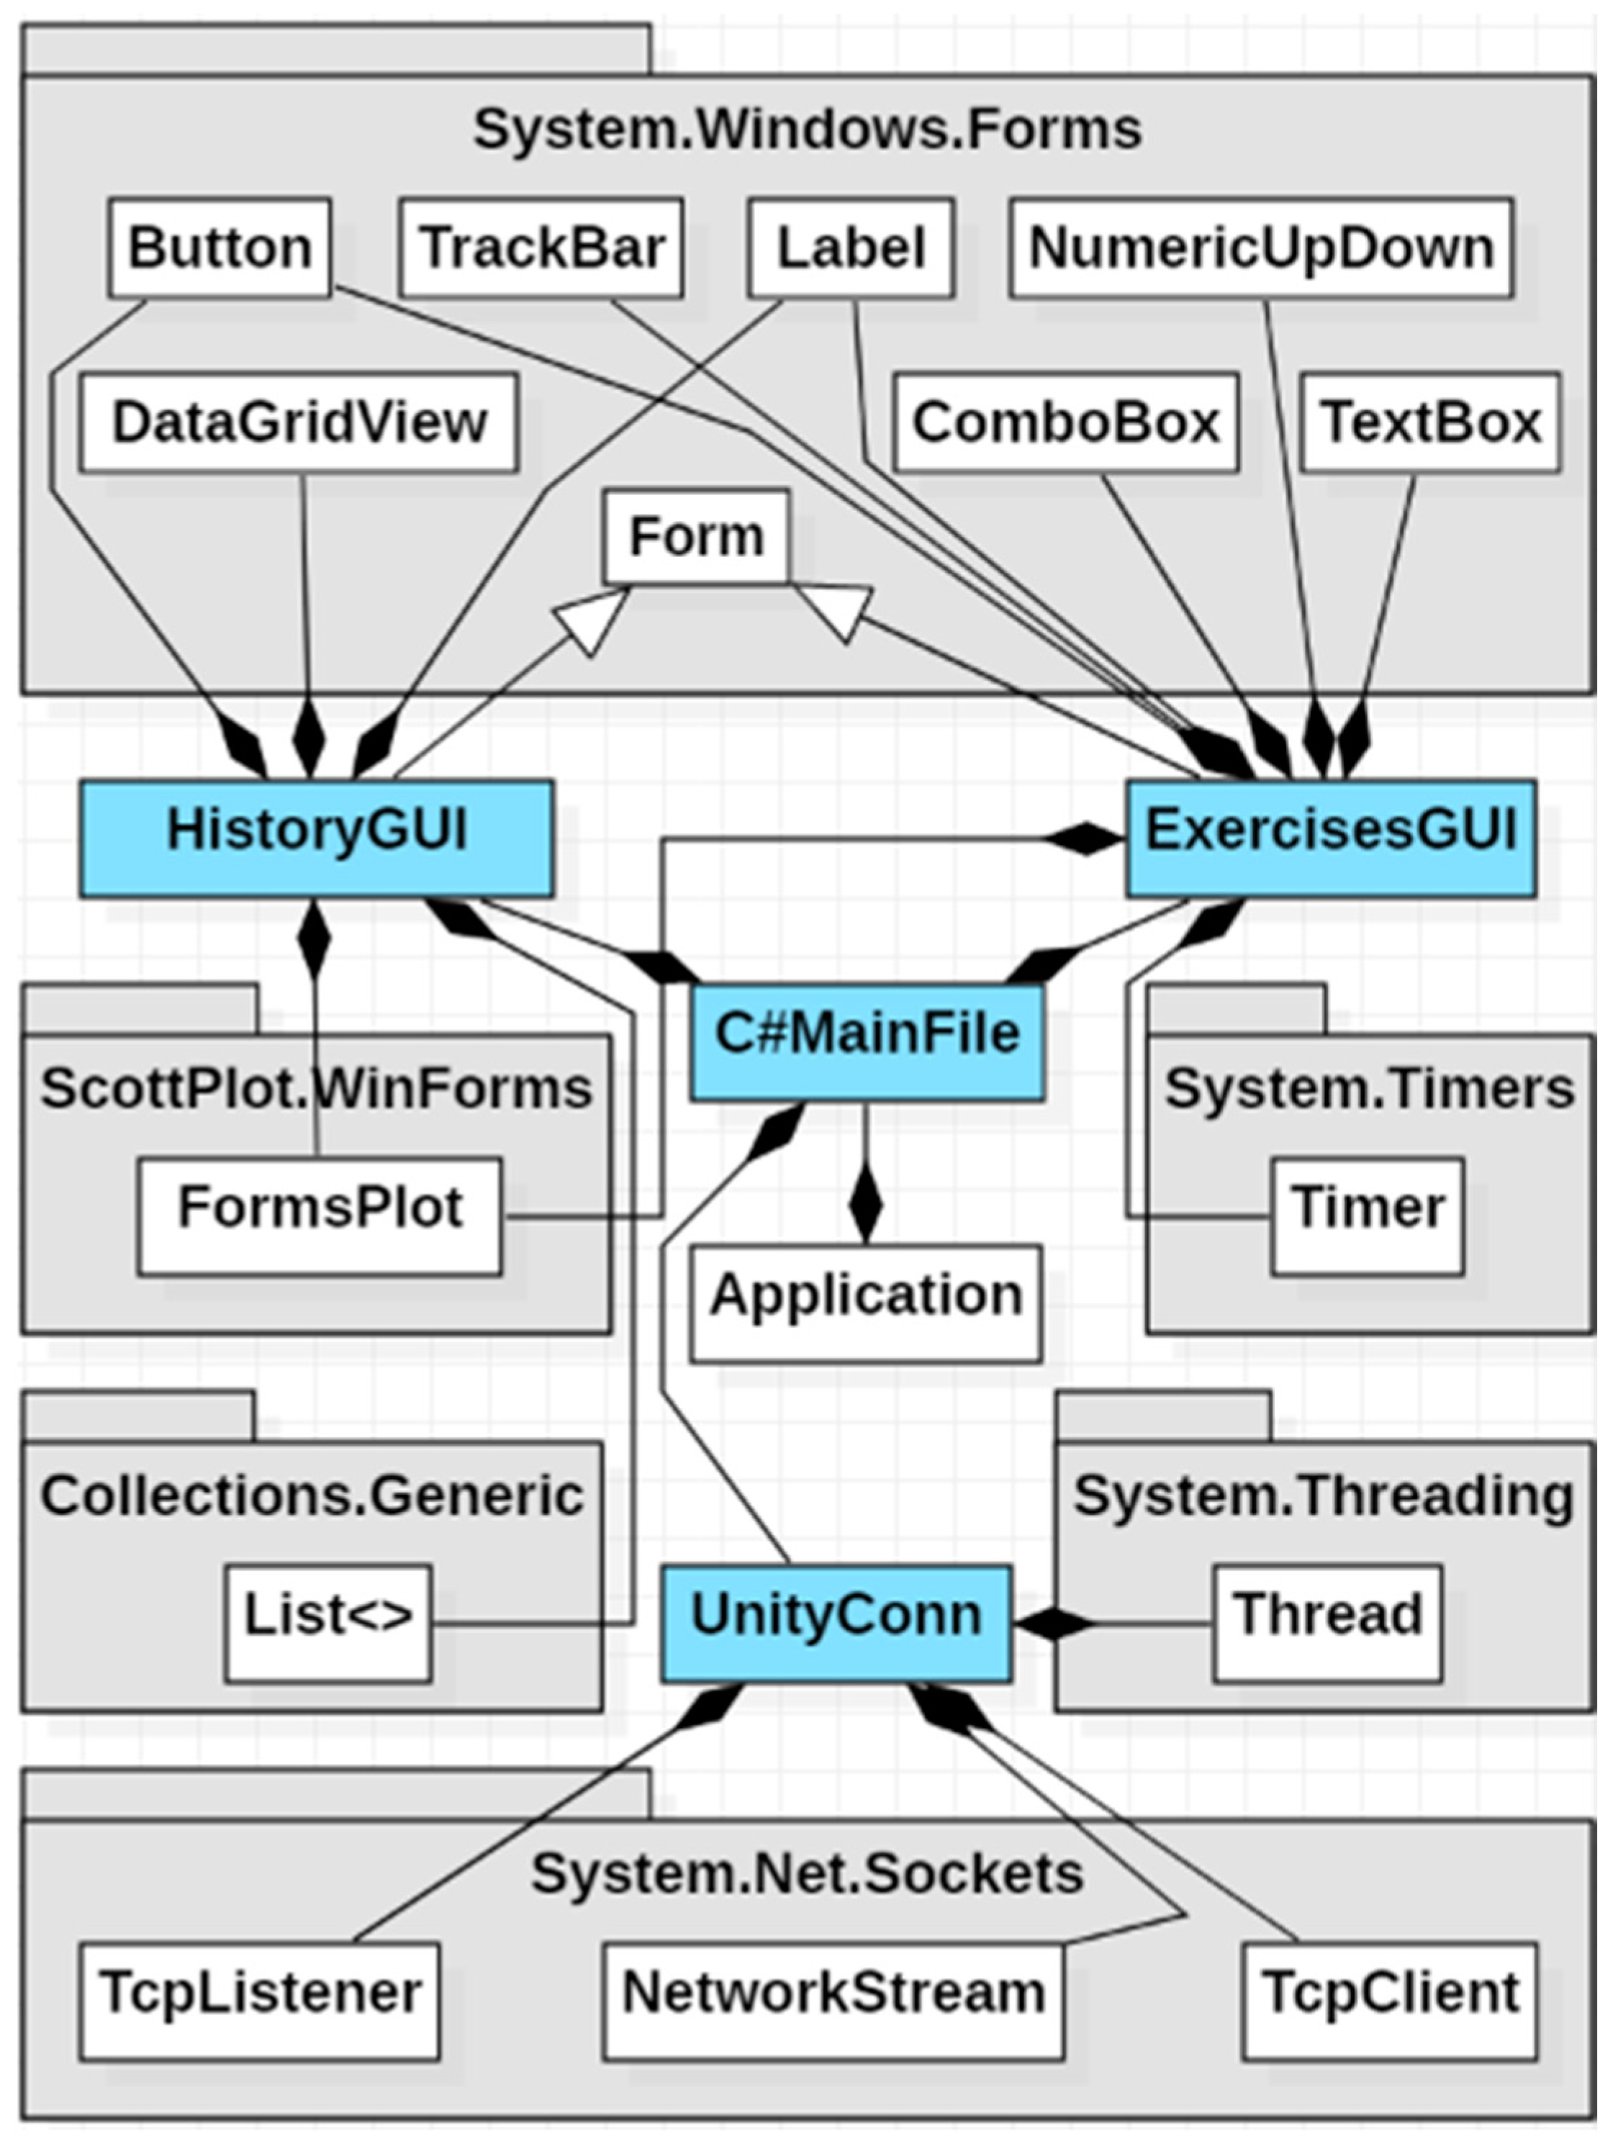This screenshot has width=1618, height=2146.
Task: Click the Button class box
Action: coord(220,248)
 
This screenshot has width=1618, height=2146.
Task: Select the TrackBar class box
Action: coord(541,248)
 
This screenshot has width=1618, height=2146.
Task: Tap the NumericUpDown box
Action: coord(1260,248)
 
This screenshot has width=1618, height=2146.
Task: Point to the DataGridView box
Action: coord(299,423)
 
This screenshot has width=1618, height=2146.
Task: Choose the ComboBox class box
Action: coord(1065,423)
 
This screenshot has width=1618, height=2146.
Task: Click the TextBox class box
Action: coord(1430,423)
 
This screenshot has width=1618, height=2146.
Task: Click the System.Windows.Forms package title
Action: coord(807,129)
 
